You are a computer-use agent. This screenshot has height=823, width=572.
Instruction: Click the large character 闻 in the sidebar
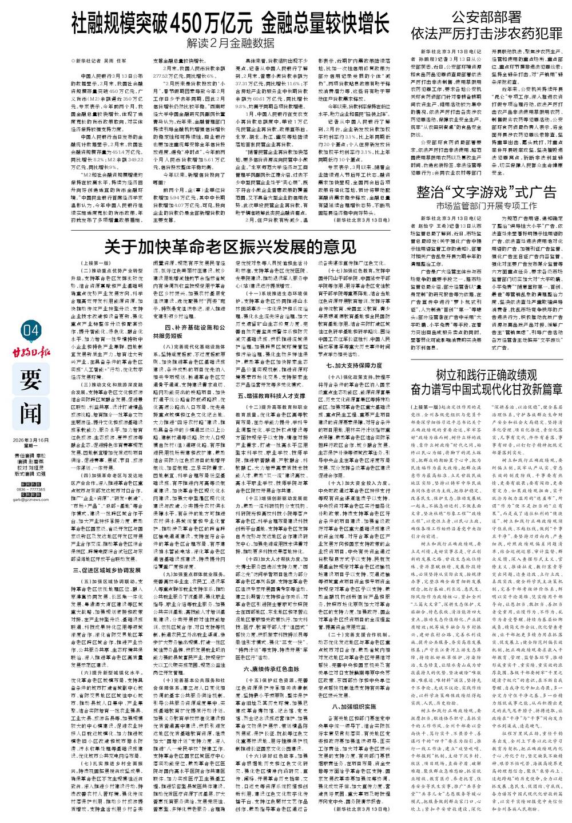point(31,408)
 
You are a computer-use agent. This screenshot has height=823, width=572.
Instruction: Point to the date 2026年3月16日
point(31,440)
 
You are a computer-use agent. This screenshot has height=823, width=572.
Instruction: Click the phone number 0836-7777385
point(31,473)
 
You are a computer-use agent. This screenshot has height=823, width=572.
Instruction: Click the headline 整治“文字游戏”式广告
point(486,191)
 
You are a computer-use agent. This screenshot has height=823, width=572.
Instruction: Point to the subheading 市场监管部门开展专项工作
point(486,205)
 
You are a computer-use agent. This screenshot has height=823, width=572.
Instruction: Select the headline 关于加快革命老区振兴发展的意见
point(230,247)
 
